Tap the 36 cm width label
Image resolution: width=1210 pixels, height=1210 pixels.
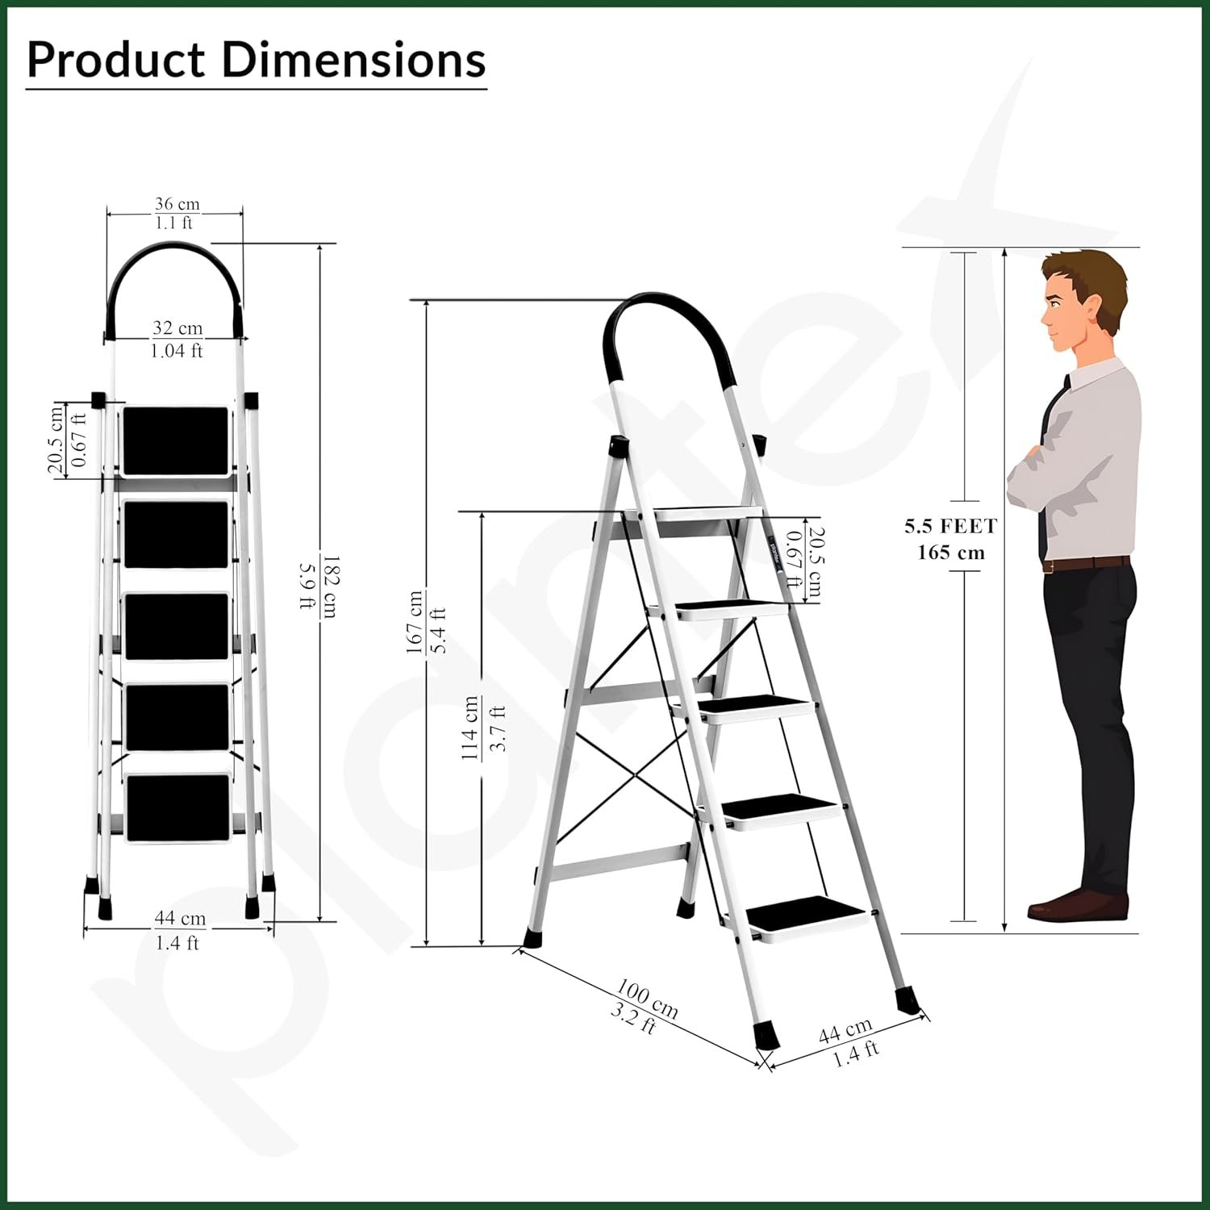pos(177,204)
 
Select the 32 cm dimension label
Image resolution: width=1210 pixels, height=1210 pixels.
pos(177,328)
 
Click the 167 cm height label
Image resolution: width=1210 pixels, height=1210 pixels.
pos(415,622)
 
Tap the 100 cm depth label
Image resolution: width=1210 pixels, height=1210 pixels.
pos(648,998)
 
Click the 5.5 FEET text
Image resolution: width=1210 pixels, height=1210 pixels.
pos(951,527)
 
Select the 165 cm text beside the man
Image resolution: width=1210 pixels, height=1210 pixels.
pos(951,553)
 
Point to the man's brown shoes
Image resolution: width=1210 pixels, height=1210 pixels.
pos(1077,905)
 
